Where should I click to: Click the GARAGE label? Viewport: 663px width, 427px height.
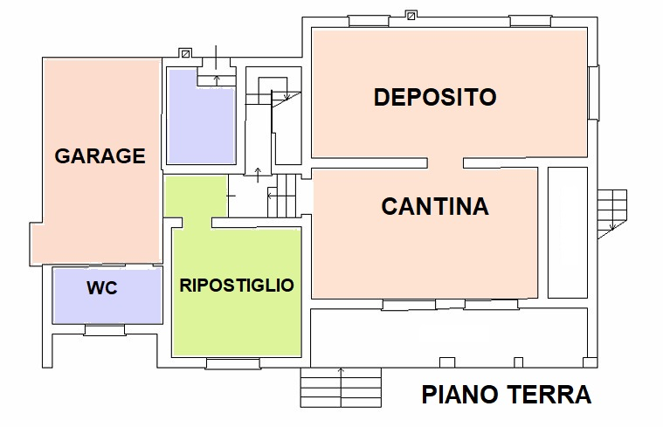(100, 156)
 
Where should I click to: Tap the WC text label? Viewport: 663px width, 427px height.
(102, 288)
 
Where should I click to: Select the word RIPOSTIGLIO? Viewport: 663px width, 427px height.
(236, 286)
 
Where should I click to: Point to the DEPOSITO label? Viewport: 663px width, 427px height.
(435, 97)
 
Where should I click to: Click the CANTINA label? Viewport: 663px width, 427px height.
(435, 207)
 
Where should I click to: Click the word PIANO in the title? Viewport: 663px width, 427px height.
(460, 395)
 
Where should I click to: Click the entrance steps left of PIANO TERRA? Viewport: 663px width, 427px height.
(341, 387)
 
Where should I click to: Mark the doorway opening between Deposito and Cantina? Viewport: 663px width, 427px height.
(445, 163)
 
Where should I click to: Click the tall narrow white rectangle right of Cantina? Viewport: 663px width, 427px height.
(567, 233)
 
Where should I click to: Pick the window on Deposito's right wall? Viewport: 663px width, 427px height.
(594, 93)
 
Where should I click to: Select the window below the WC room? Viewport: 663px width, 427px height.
(104, 329)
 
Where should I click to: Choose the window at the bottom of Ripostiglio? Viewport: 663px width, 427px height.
(232, 363)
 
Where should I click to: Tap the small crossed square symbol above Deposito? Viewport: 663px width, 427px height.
(411, 15)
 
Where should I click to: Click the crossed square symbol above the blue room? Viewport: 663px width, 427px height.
(183, 52)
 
